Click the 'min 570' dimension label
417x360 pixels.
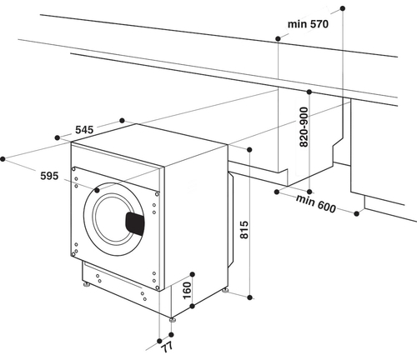coord(309,24)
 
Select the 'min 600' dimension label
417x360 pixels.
coord(315,202)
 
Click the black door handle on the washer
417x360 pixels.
coord(134,222)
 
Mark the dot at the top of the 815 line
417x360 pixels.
coord(250,148)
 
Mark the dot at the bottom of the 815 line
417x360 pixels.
coord(250,296)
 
